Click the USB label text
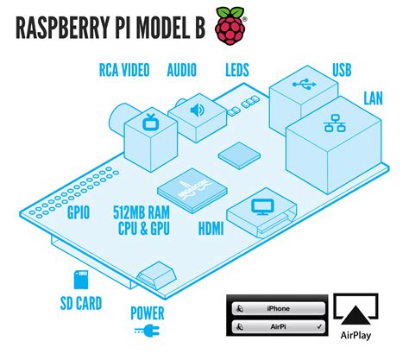pos(343,68)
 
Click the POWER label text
pos(148,313)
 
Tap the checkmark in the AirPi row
pos(320,328)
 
